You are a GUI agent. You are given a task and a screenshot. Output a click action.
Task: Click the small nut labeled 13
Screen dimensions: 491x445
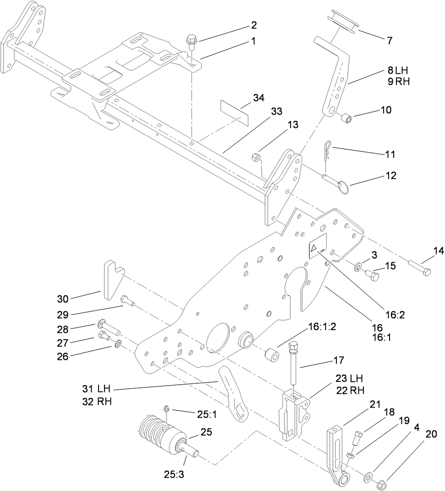coord(257,158)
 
